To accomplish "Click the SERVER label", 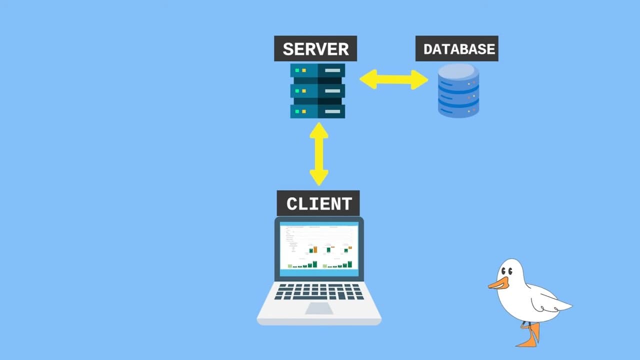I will pos(315,49).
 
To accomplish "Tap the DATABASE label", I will pos(456,49).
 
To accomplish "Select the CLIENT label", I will pos(318,203).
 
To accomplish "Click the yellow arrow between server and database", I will pos(393,79).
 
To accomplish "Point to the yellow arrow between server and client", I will pos(318,153).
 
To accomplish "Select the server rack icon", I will pos(317,90).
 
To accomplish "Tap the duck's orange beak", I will pos(498,283).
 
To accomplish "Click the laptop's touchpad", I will pos(319,308).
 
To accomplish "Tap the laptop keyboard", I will pos(319,291).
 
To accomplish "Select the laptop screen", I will pos(319,248).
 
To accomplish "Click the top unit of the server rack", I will pos(317,70).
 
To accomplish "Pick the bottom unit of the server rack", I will pos(317,111).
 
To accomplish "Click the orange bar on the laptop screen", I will pos(315,248).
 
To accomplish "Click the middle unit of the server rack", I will pos(317,90).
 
